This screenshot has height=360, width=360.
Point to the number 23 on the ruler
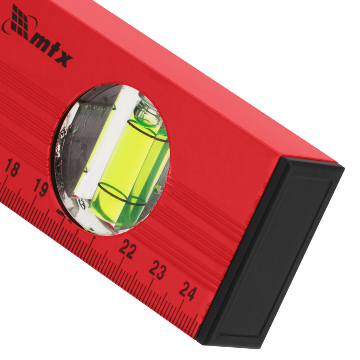click(158, 270)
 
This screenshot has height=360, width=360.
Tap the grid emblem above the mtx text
click(20, 22)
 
